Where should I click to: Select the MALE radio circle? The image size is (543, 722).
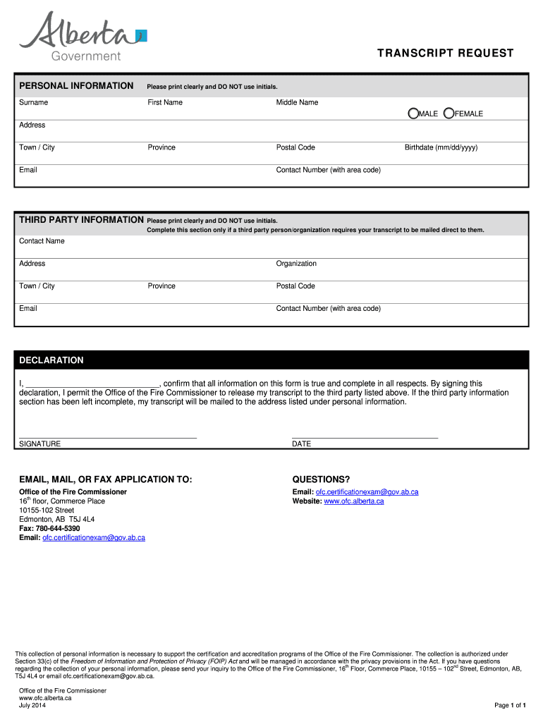point(413,114)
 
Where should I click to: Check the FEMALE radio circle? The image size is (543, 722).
point(449,114)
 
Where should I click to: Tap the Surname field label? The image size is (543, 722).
point(33,102)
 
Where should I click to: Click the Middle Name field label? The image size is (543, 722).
point(297,102)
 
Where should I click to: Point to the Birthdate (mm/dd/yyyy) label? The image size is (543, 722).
point(441,147)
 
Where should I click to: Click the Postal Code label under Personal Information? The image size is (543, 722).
point(295,147)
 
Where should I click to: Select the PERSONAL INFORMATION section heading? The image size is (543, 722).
point(76,86)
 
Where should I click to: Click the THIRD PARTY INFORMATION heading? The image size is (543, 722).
point(81,220)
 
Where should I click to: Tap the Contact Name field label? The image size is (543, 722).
point(42,241)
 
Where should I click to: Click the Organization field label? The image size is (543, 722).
point(296,264)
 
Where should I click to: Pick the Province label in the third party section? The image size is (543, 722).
point(161,286)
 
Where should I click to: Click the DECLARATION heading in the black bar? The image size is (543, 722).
point(51,360)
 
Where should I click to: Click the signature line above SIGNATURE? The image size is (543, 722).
point(107,438)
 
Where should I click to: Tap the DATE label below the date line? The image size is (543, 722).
point(301,444)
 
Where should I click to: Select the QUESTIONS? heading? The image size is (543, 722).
point(321,479)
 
